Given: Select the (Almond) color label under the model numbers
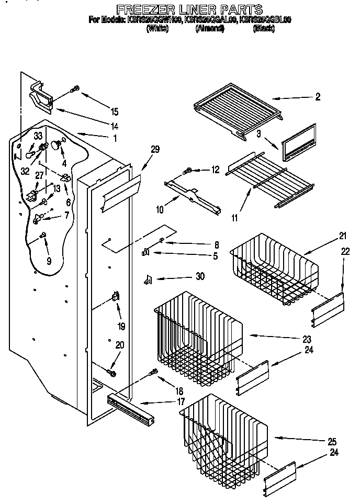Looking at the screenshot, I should (x=209, y=29).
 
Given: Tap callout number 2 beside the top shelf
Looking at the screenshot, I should (x=318, y=97).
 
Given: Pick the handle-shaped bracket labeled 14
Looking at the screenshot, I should (x=40, y=96).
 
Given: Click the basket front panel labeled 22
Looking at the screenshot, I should (x=329, y=309).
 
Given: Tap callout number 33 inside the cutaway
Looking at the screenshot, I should (x=38, y=136).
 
